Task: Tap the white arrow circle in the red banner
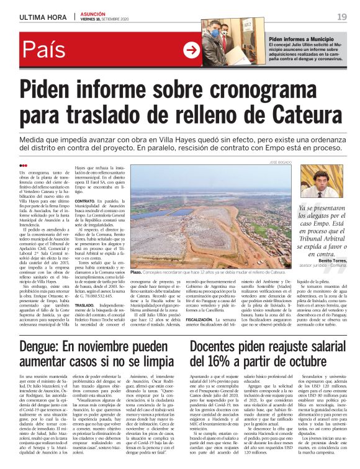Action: click(191, 50)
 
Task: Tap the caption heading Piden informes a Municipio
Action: click(301, 38)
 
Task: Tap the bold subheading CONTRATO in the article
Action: click(84, 202)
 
